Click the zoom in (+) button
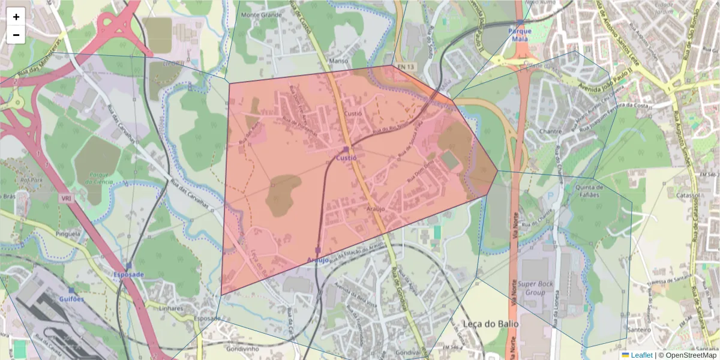(16, 17)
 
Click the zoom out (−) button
(16, 35)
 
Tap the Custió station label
(346, 158)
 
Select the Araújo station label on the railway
(318, 260)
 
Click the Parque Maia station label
(520, 34)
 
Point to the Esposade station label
(129, 274)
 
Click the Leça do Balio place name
(490, 323)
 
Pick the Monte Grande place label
(261, 14)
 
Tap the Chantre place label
(550, 131)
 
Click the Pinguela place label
(67, 233)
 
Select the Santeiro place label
(639, 329)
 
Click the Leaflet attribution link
(641, 355)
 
